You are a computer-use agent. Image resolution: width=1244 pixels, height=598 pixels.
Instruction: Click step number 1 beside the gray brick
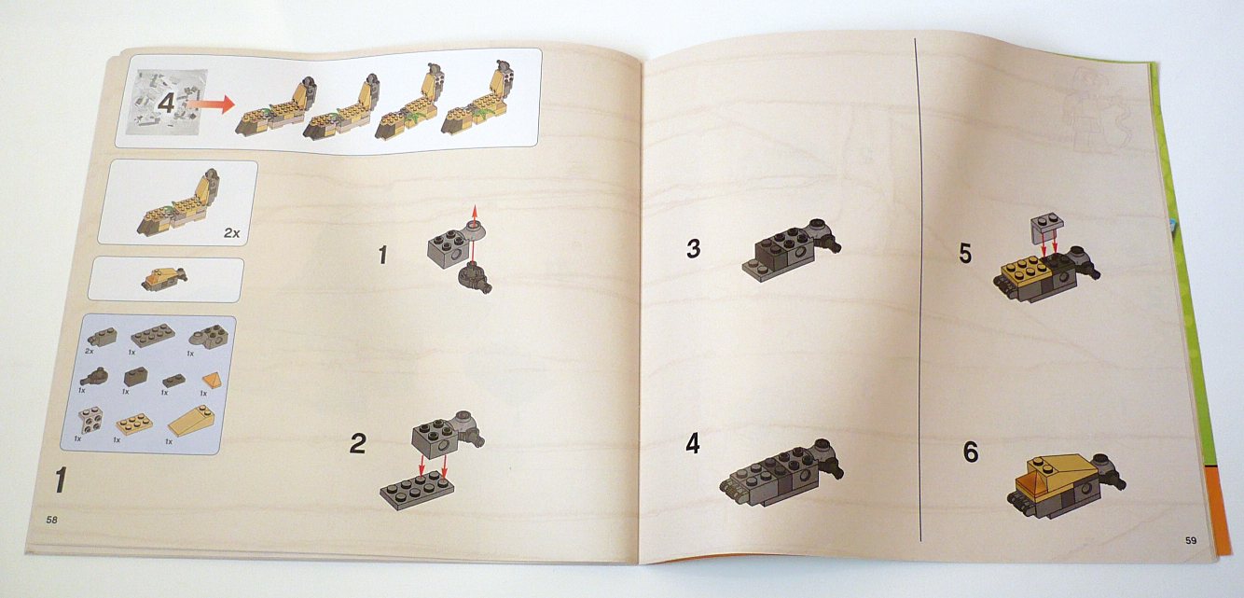tap(382, 255)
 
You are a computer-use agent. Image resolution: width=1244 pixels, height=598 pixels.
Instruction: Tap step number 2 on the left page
tap(358, 443)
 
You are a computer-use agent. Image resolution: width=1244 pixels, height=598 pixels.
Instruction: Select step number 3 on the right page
tap(693, 248)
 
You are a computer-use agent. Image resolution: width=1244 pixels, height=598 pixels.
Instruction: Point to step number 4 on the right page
tap(693, 443)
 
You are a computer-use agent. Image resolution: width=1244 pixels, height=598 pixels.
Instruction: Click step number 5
tap(965, 253)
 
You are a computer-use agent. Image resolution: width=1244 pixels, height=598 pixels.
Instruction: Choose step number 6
tap(970, 452)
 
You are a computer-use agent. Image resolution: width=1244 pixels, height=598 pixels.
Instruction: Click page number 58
tap(51, 520)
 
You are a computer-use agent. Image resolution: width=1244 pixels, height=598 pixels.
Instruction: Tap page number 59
tap(1191, 540)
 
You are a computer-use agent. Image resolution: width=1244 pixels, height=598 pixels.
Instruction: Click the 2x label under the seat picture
tap(231, 233)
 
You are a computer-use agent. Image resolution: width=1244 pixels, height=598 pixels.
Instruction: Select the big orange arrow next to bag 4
tap(211, 104)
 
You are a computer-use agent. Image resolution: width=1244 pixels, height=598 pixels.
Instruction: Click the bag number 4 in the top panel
tap(167, 103)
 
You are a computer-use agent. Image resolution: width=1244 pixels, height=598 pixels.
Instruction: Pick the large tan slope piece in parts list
tap(191, 421)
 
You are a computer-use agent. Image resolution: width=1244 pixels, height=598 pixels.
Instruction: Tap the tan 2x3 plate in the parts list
tap(134, 424)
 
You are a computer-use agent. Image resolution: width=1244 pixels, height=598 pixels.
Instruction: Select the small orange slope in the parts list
tap(212, 380)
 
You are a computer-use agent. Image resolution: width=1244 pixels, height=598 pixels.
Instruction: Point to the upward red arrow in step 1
tap(474, 216)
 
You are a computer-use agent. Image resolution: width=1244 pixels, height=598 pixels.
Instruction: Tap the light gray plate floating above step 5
tap(1047, 228)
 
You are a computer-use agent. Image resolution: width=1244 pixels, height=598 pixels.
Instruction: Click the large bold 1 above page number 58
tap(61, 480)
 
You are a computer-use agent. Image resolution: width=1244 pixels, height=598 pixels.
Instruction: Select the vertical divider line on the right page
tap(918, 289)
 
